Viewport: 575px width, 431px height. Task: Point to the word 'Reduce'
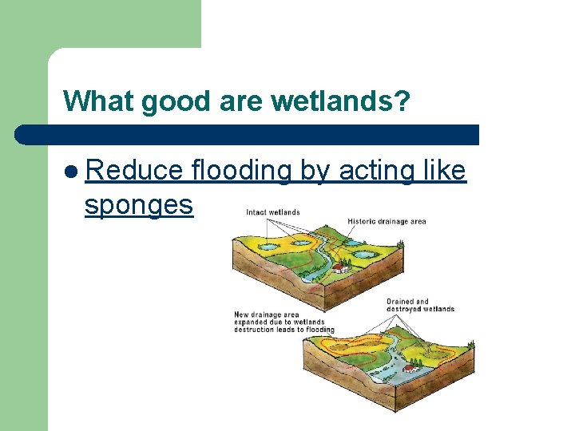click(133, 170)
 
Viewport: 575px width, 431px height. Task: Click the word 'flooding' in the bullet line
click(242, 170)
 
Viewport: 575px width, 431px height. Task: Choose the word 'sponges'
click(139, 205)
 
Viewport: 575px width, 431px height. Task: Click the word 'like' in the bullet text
click(444, 170)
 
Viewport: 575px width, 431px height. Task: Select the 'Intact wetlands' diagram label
click(273, 212)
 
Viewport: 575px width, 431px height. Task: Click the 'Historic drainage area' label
click(387, 221)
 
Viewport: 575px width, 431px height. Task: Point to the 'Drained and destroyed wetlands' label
click(420, 306)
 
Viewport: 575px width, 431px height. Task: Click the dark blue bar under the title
click(248, 134)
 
